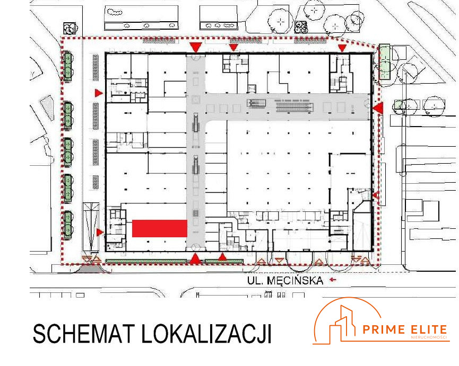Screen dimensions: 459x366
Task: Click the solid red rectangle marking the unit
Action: pyautogui.click(x=160, y=228)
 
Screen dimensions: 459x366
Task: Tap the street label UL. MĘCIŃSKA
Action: pyautogui.click(x=285, y=280)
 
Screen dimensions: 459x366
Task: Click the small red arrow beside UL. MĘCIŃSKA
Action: pyautogui.click(x=333, y=280)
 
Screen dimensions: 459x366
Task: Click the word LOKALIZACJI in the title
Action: pyautogui.click(x=206, y=333)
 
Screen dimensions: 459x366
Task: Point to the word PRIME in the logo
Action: pyautogui.click(x=382, y=329)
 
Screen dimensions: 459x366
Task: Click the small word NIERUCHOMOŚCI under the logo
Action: pyautogui.click(x=430, y=337)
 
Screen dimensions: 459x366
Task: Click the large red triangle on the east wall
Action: pyautogui.click(x=378, y=108)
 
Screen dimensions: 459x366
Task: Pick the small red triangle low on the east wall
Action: pyautogui.click(x=375, y=195)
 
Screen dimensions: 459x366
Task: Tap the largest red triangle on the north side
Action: pyautogui.click(x=196, y=47)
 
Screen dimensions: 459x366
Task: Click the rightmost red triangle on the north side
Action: pyautogui.click(x=342, y=48)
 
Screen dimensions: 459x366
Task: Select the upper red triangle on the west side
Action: pyautogui.click(x=98, y=93)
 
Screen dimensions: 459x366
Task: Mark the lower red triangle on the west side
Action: pyautogui.click(x=100, y=233)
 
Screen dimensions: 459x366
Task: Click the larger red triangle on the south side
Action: pyautogui.click(x=196, y=259)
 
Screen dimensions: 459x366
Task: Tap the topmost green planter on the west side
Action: pyautogui.click(x=68, y=66)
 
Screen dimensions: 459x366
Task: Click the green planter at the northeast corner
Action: pyautogui.click(x=385, y=61)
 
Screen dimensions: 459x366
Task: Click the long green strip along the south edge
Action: pyautogui.click(x=146, y=261)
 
